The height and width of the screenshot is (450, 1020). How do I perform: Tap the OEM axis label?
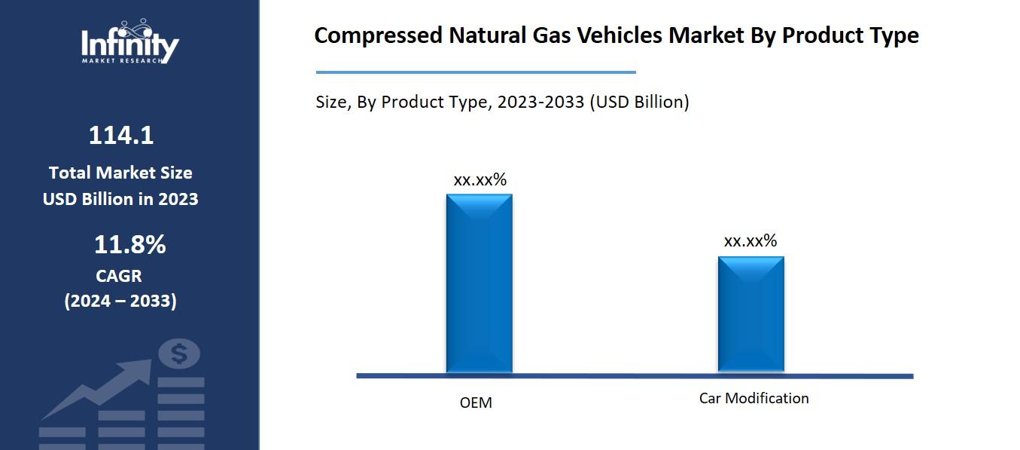click(x=476, y=403)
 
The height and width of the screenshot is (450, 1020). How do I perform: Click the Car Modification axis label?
click(x=754, y=398)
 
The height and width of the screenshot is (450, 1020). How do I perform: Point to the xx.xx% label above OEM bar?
click(x=480, y=180)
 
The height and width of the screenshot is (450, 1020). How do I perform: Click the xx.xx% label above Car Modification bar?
click(x=750, y=241)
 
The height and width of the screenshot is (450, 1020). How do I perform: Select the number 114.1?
click(x=120, y=136)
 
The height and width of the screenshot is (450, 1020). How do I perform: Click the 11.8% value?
click(x=129, y=245)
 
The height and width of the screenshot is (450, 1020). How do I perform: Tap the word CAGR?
click(x=119, y=276)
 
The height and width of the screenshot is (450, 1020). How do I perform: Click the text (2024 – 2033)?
click(x=120, y=301)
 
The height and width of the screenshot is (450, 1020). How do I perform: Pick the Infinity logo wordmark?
click(x=129, y=44)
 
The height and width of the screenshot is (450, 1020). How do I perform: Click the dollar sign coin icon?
click(x=179, y=354)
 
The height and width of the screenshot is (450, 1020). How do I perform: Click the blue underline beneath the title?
click(x=476, y=72)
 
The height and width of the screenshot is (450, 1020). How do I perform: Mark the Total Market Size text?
click(x=120, y=173)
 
